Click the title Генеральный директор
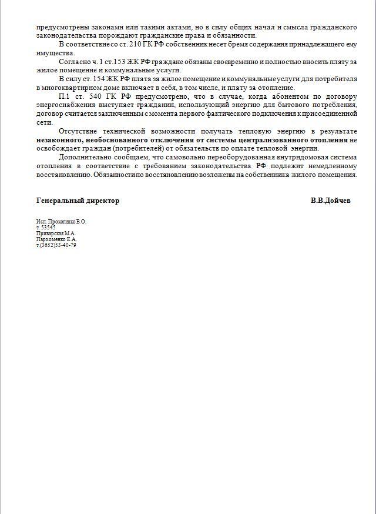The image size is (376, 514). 78,201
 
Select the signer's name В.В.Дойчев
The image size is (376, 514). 331,201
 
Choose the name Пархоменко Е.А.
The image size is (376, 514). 56,239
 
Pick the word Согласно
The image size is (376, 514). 74,62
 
